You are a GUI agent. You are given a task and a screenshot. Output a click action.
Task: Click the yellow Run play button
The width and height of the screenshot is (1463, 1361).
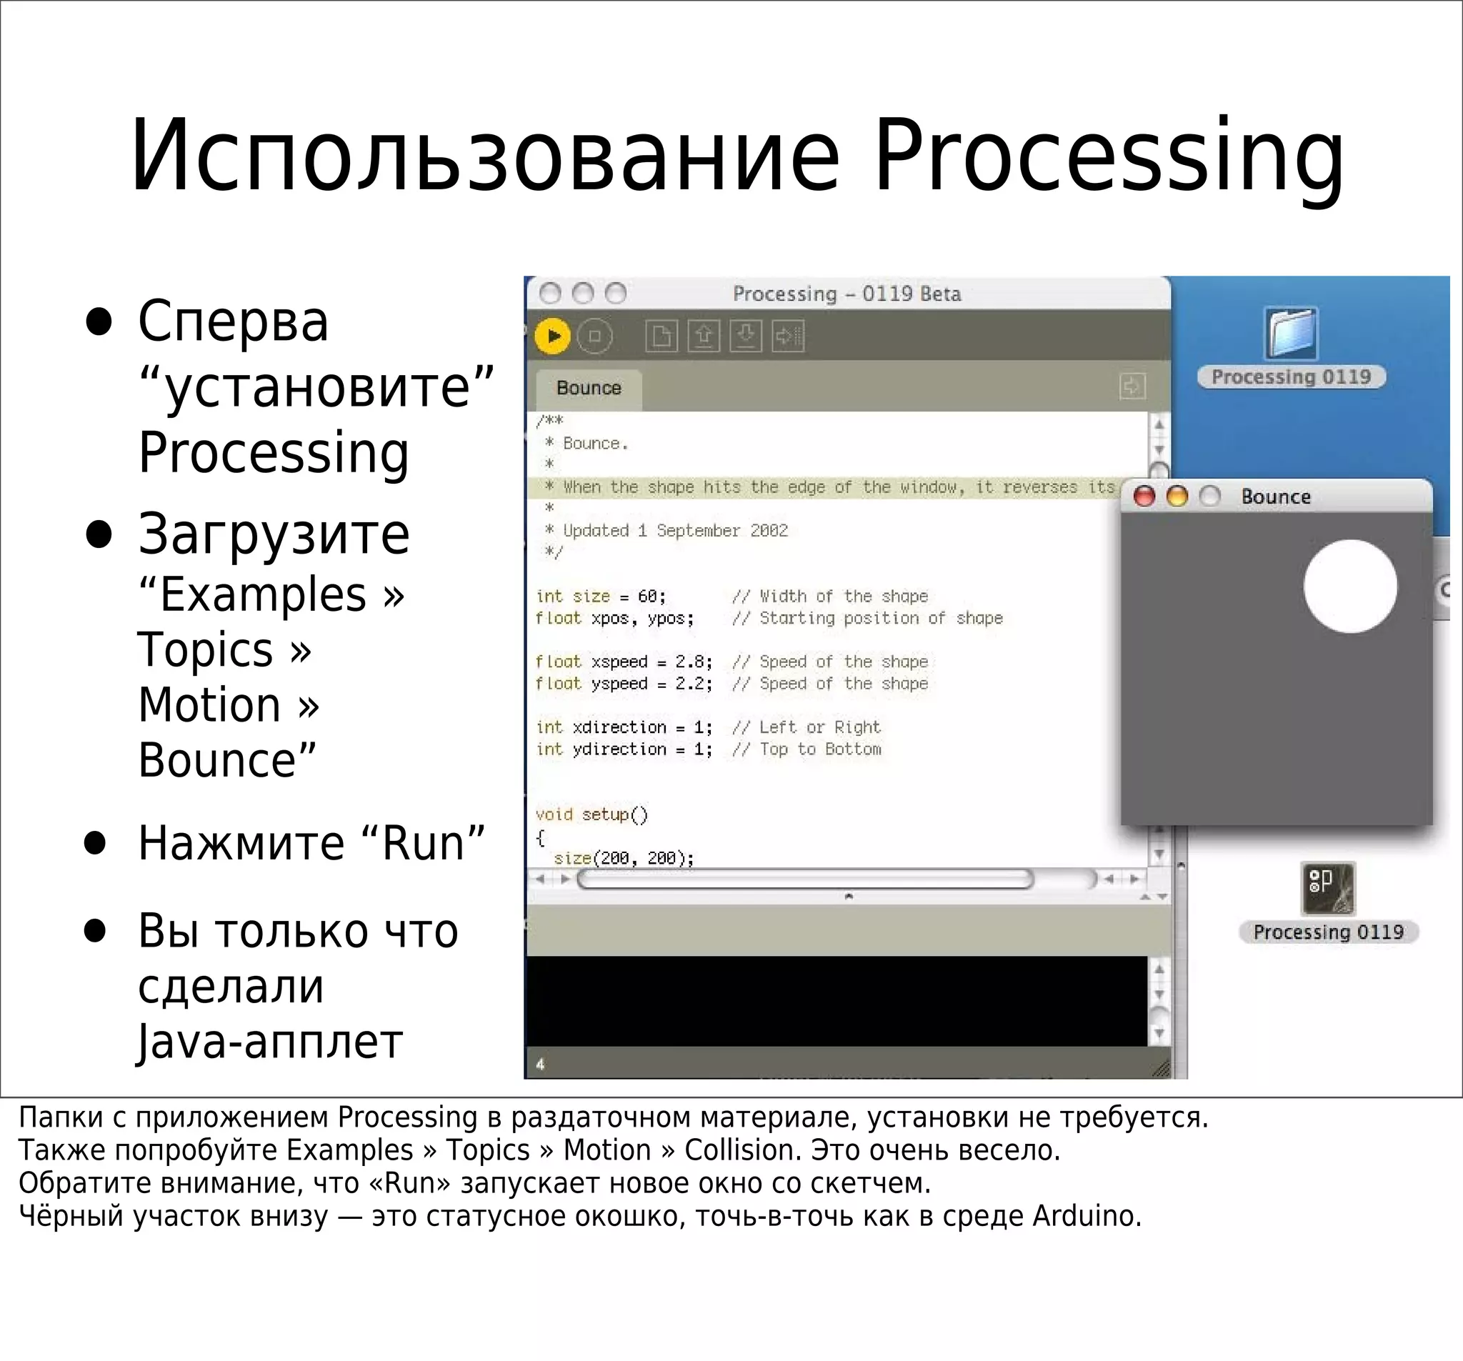click(554, 336)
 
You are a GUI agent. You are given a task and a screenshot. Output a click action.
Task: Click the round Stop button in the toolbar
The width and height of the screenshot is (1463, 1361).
click(594, 336)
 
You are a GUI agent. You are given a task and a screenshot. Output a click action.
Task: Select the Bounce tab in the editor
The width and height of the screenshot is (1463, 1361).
click(589, 388)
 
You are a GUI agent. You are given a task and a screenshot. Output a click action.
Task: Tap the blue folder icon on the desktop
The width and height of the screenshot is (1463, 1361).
click(1292, 333)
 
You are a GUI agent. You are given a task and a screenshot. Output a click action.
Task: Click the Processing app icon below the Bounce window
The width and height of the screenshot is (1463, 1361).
click(1327, 889)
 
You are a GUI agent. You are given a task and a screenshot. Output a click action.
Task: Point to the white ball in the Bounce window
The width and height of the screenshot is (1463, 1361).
click(1349, 586)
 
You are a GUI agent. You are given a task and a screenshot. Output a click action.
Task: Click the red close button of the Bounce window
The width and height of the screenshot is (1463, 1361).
click(1144, 496)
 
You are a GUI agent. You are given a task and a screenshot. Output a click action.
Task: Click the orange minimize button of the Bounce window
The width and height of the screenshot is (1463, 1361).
click(1177, 496)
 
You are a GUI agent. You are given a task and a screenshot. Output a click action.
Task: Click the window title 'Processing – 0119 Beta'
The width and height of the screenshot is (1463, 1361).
click(847, 294)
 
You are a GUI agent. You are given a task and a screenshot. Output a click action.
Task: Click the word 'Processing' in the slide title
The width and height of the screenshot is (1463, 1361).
click(1108, 156)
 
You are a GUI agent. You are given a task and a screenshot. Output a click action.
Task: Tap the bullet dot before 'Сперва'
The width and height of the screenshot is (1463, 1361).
click(99, 321)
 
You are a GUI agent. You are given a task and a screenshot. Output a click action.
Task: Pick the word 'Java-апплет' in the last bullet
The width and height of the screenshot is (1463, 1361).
click(270, 1042)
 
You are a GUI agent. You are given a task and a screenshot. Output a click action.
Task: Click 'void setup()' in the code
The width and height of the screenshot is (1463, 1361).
click(591, 814)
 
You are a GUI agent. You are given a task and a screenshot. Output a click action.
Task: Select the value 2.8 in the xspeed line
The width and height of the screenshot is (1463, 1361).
click(690, 661)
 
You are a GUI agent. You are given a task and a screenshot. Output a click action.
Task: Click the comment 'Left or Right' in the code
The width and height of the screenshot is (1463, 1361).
click(820, 727)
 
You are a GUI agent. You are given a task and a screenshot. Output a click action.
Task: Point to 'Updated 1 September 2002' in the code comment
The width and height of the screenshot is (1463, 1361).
click(675, 530)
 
